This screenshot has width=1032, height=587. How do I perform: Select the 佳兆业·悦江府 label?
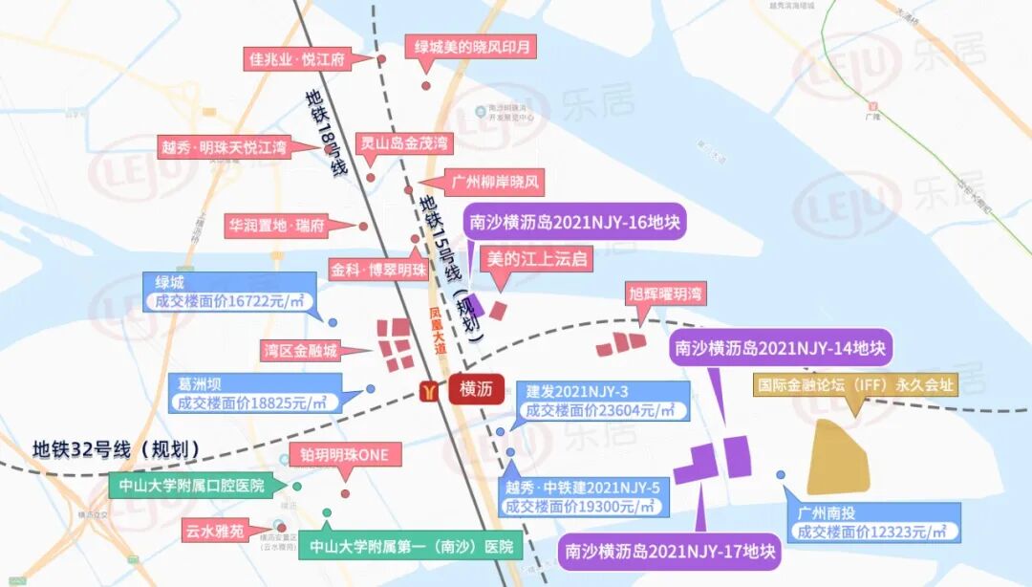click(x=296, y=59)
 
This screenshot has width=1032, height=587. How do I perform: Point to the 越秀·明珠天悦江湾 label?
click(x=225, y=148)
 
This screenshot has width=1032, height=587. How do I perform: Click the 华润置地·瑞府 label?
click(x=276, y=227)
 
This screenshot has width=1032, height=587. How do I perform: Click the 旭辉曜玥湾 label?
click(x=665, y=293)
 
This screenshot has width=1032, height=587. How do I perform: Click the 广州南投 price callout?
click(x=871, y=522)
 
